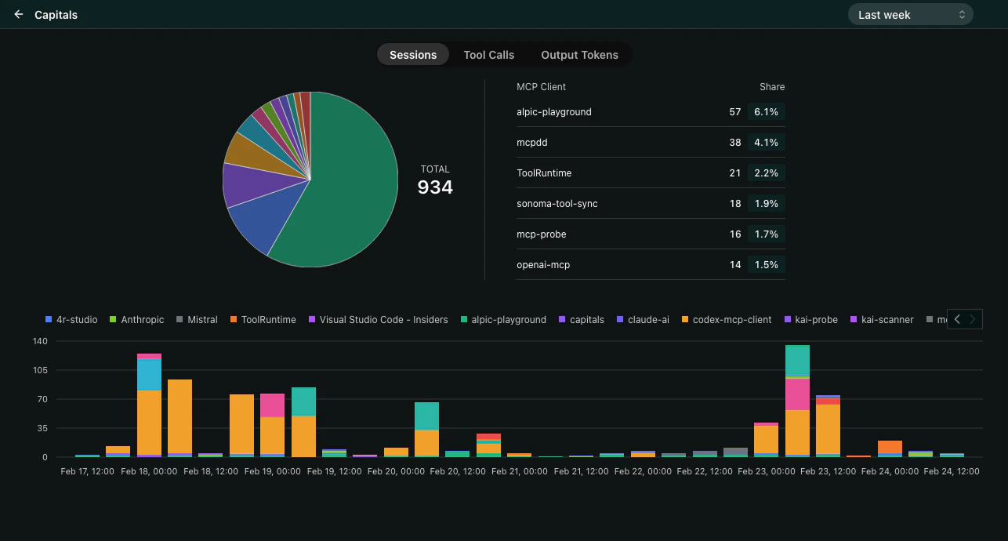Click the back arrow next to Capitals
coord(19,14)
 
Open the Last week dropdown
coord(910,14)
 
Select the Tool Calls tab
coord(488,55)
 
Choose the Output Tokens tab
coord(579,55)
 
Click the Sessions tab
coord(413,55)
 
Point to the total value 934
coord(435,187)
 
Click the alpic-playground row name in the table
coord(554,112)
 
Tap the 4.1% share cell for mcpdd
coord(766,143)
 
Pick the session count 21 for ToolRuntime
coord(734,173)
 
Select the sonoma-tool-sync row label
coord(557,204)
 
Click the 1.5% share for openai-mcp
coord(766,265)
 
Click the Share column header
coord(771,87)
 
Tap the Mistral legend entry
coord(202,320)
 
